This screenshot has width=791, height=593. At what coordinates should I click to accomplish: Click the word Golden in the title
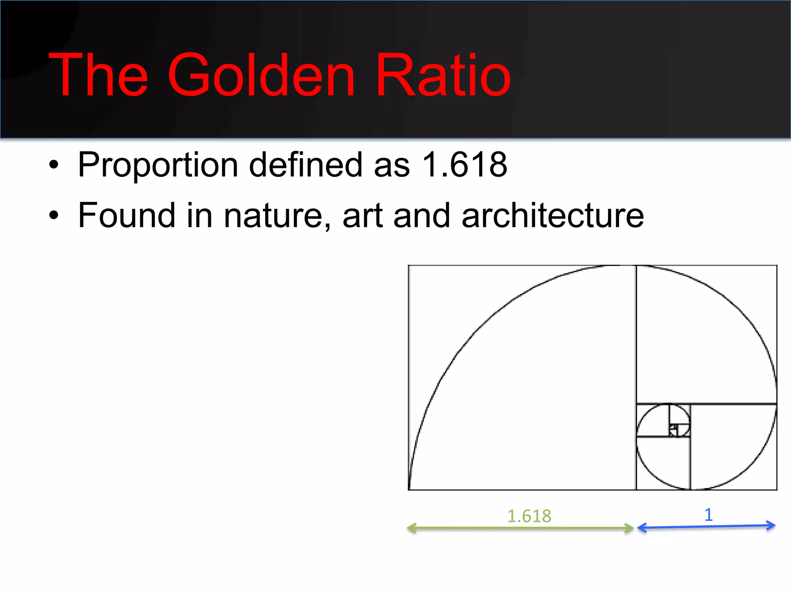tap(261, 75)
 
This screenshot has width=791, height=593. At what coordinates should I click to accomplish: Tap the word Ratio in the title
tap(443, 75)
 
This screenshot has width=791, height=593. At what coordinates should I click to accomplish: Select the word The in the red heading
tap(98, 75)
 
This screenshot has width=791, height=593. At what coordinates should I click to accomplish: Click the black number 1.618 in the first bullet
tap(465, 165)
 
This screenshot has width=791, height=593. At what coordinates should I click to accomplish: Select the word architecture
tap(553, 215)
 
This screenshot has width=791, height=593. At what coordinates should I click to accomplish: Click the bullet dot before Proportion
tap(54, 166)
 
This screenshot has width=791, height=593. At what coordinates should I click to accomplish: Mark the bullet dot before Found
tap(54, 216)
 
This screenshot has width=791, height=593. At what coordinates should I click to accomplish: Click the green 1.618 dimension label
tap(529, 516)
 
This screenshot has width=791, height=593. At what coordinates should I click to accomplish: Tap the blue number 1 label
tap(708, 515)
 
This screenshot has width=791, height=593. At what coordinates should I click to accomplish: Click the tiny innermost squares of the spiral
tap(674, 429)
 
